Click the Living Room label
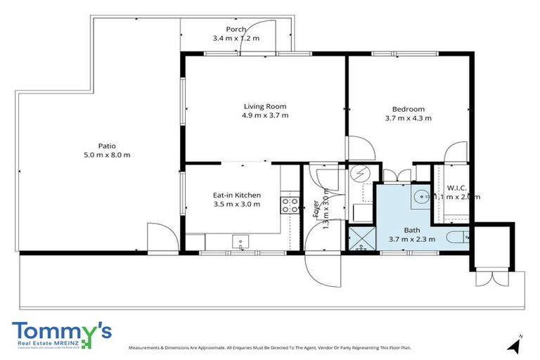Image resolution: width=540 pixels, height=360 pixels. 264,106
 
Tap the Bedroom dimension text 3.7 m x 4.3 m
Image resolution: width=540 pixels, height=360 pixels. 408,118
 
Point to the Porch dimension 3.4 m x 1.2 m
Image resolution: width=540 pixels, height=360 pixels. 236,38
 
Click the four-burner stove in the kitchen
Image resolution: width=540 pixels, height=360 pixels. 288,205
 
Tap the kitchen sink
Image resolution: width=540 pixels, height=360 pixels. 240,242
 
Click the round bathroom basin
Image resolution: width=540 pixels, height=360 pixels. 420,197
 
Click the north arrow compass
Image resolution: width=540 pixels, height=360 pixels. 517,345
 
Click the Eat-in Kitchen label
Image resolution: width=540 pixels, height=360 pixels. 237,195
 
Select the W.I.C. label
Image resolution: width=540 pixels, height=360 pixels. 457,188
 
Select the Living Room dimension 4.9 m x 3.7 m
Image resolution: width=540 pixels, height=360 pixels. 264,115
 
